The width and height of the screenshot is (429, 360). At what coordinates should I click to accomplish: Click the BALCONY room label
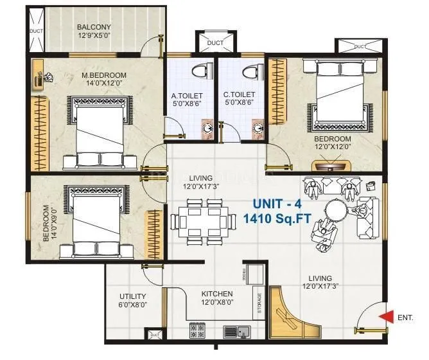click(94, 27)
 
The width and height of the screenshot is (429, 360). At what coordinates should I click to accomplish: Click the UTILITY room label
click(132, 296)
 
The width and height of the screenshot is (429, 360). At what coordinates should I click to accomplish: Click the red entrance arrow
click(387, 316)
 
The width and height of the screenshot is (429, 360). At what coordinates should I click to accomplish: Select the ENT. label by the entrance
click(406, 317)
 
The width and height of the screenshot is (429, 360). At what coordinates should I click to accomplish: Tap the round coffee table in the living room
click(336, 210)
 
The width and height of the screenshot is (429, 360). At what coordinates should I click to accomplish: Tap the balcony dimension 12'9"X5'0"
click(94, 36)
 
